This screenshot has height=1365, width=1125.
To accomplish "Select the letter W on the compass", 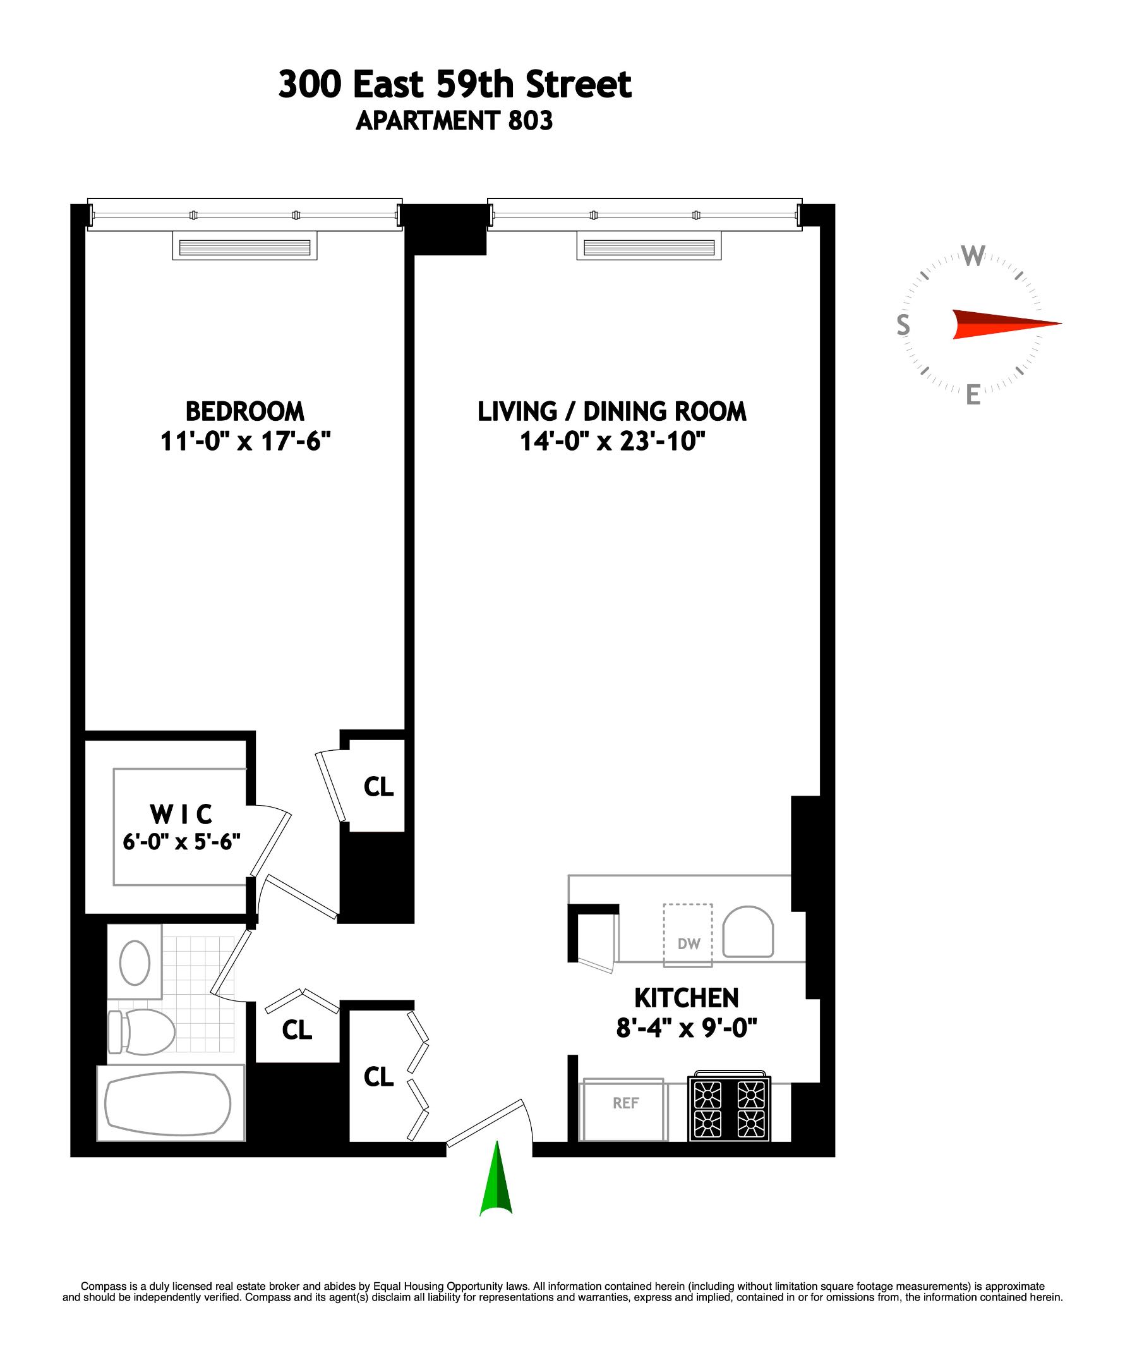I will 973,257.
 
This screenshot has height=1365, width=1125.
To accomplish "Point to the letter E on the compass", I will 973,394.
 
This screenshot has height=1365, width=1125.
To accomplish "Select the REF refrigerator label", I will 625,1103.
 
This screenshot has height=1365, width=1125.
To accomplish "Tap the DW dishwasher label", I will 689,943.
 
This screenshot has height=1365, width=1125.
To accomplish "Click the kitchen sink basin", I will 748,932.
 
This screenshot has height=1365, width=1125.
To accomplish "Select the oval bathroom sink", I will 135,962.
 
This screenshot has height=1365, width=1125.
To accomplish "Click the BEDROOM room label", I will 245,411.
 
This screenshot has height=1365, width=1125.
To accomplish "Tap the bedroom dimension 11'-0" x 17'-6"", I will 245,441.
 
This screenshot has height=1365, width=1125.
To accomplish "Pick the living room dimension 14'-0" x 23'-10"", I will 611,441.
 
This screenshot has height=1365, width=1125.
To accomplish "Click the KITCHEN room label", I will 686,998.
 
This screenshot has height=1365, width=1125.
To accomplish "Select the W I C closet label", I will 181,813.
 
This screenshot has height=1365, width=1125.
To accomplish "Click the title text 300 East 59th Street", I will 455,85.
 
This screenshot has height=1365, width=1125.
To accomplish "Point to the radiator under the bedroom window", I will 245,248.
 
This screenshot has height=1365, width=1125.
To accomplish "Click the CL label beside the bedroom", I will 378,787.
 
